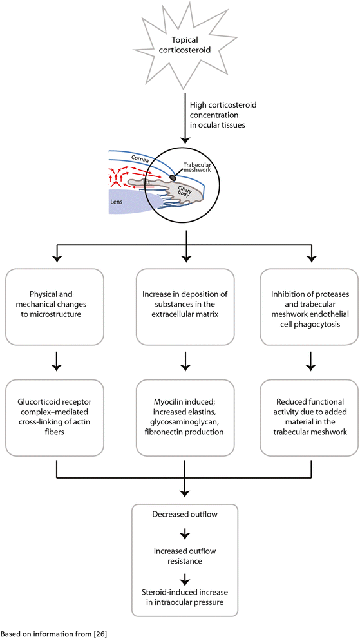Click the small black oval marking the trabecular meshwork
point(173,177)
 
